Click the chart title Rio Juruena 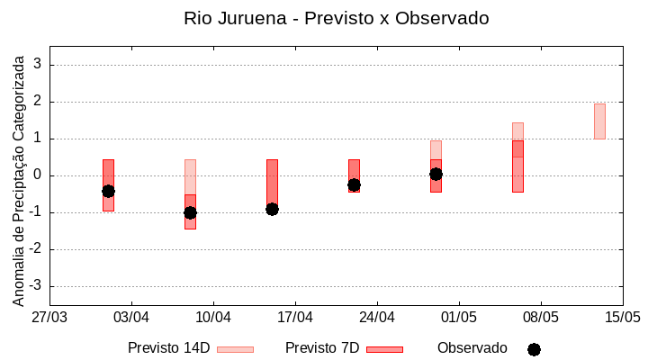coord(336,18)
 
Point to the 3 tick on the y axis coord(38,65)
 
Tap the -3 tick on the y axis coord(35,286)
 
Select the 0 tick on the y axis coord(38,175)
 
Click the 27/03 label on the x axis coord(49,317)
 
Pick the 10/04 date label coord(213,317)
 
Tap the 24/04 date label coord(377,317)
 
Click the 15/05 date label coord(622,317)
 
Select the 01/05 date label coord(459,317)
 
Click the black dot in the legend coord(534,349)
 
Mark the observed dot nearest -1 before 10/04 coord(190,212)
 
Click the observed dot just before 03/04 coord(108,191)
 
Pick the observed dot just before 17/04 coord(272,209)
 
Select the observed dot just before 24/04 coord(354,184)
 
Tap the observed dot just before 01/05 coord(436,174)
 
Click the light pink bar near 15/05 coord(599,121)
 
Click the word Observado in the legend coord(472,347)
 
